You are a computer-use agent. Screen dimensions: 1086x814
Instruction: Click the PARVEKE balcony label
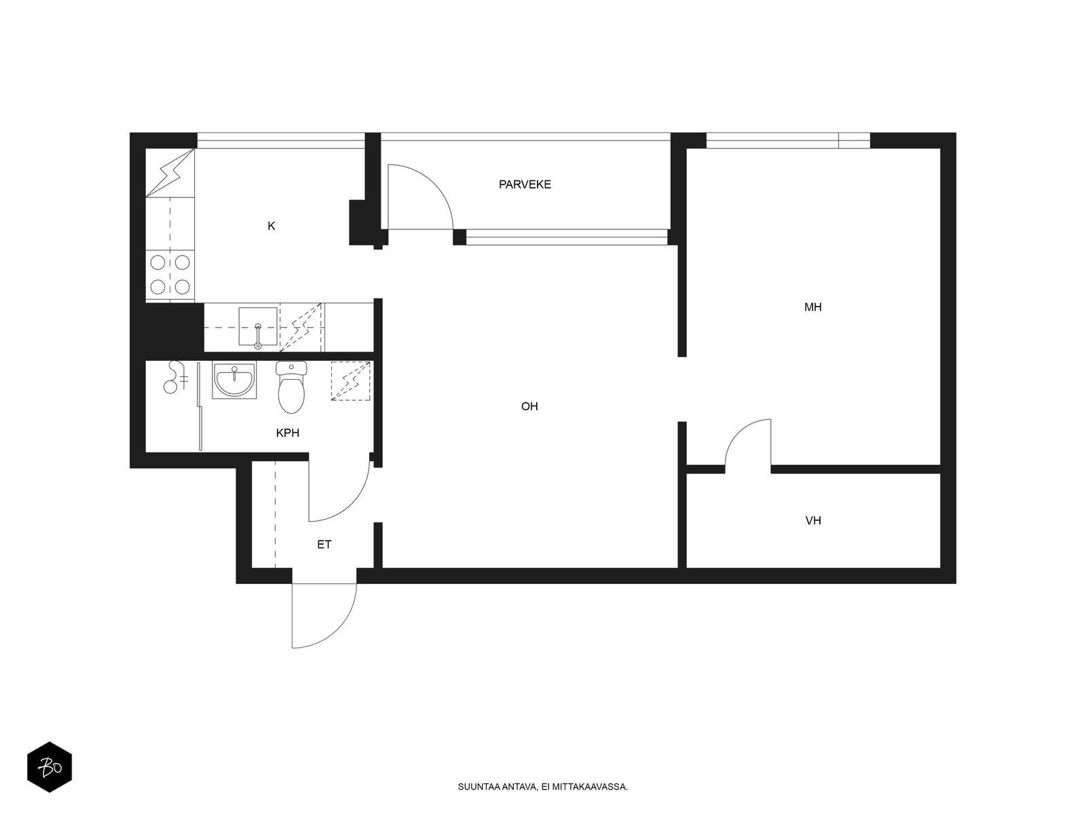pos(525,185)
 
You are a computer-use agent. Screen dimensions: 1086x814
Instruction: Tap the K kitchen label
pos(271,226)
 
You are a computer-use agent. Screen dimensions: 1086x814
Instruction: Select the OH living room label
pos(529,406)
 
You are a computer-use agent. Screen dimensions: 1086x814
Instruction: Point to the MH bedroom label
pos(813,307)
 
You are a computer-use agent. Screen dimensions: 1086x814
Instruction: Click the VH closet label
pos(813,520)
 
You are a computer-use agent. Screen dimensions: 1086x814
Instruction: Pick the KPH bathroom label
pos(288,433)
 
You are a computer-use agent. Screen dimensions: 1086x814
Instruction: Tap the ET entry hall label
pos(324,545)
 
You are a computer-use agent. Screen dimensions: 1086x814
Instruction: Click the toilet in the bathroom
pos(291,387)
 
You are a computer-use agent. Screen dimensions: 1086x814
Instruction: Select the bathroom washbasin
pos(234,380)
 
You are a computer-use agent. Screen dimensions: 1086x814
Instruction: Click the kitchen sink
pos(258,326)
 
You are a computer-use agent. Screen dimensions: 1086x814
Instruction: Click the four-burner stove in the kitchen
pos(170,275)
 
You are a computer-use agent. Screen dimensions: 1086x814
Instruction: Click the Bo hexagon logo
pos(50,767)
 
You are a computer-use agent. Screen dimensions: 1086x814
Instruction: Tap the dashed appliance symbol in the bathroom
pos(350,381)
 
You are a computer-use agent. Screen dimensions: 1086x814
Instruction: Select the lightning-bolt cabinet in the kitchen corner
pos(170,173)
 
